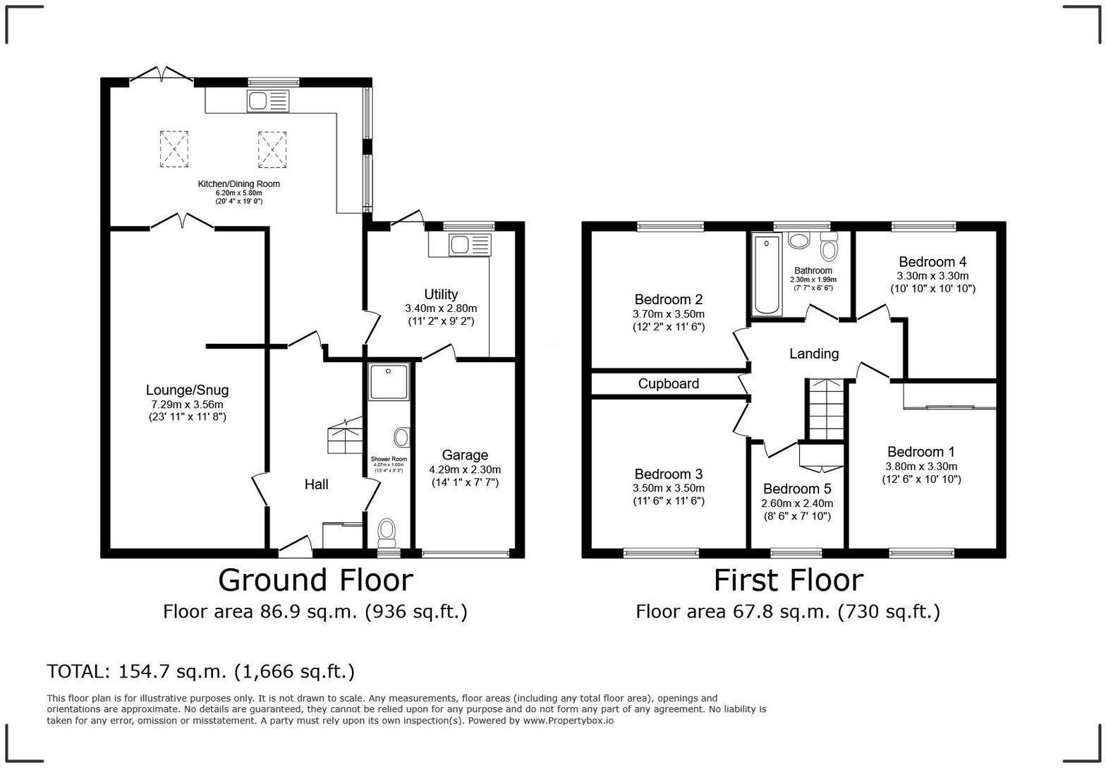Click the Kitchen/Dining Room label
click(238, 184)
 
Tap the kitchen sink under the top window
click(267, 102)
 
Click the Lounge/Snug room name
click(187, 390)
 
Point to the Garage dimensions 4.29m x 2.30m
click(465, 469)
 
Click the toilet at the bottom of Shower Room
click(387, 530)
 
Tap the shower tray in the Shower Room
click(388, 381)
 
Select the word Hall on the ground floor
click(316, 484)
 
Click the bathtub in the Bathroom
click(767, 275)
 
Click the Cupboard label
click(668, 383)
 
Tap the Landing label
click(813, 354)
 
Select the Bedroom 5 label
click(796, 488)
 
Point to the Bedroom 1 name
click(920, 452)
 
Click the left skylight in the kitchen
click(174, 149)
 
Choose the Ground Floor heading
click(315, 580)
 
